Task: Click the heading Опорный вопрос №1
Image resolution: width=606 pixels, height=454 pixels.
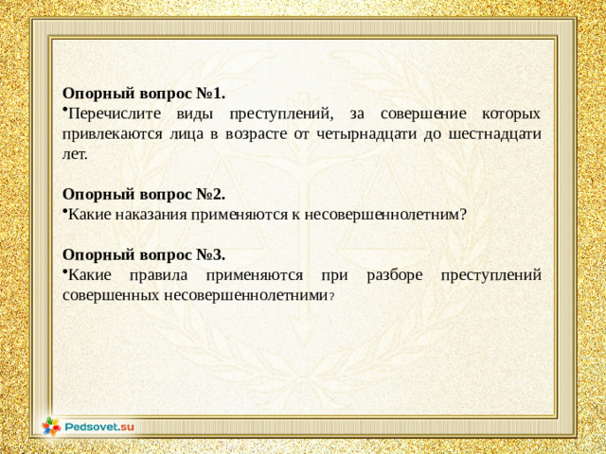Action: (144, 94)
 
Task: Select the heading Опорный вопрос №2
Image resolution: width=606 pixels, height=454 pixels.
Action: (144, 196)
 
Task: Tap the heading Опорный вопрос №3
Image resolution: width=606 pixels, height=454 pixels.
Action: (144, 254)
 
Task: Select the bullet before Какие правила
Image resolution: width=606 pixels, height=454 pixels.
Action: (65, 273)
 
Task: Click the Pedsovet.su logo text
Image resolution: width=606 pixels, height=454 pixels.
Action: (99, 428)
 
